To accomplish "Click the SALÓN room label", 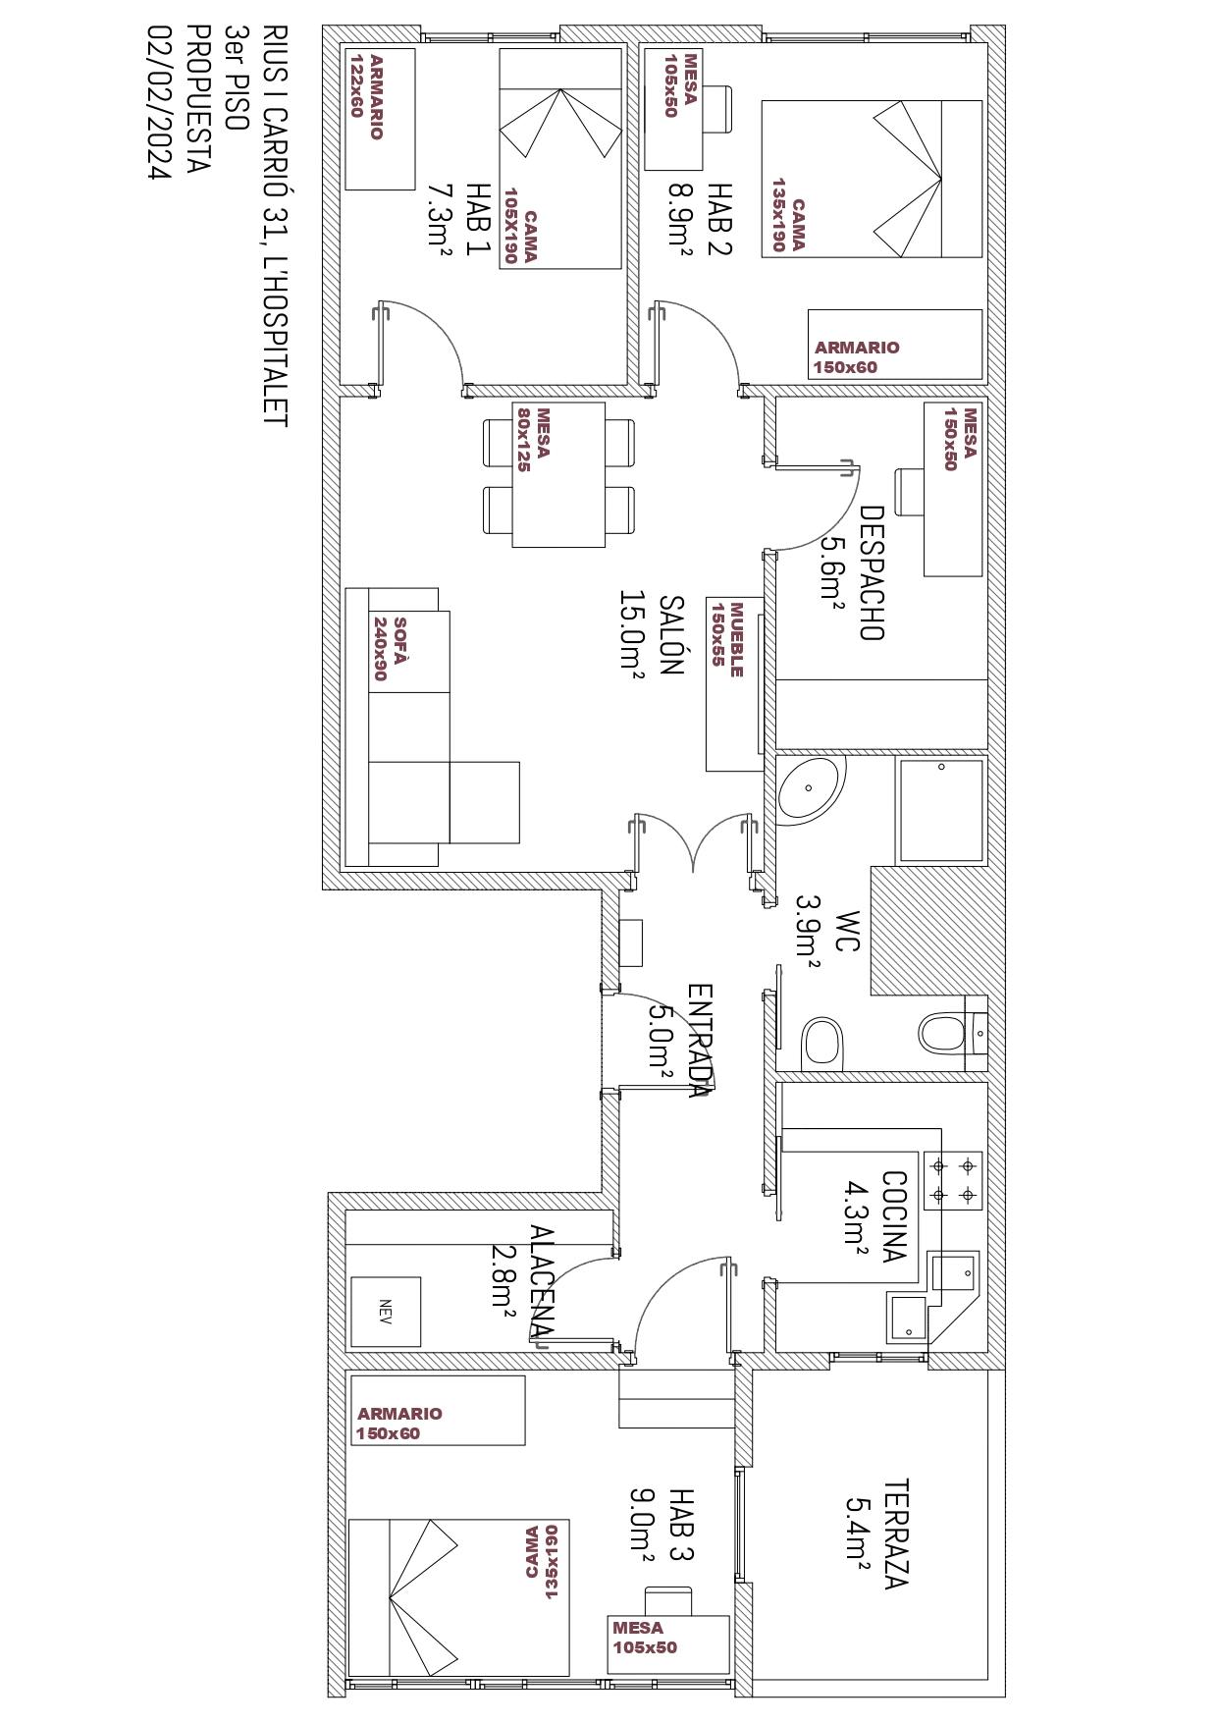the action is pos(670,634).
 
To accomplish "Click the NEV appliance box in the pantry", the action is pos(386,1312).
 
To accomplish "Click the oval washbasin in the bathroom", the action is pos(811,788).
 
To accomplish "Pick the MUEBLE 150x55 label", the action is pos(728,639).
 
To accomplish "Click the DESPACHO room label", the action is pos(872,573).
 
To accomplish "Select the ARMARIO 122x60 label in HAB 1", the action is pos(366,97).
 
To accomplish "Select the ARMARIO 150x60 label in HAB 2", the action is pos(857,357).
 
